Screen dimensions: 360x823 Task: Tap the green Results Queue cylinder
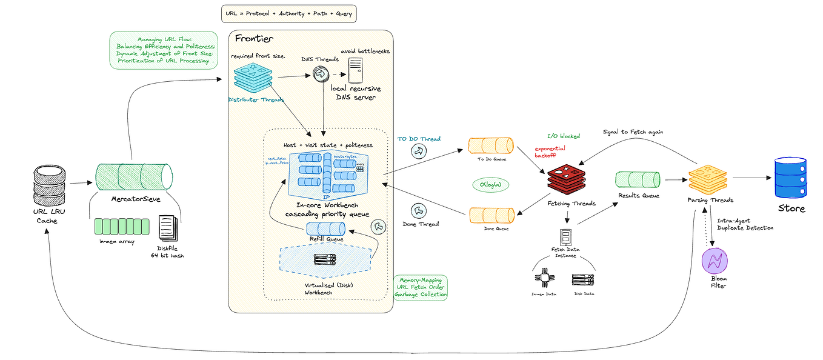click(x=637, y=179)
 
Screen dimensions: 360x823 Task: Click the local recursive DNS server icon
click(x=355, y=75)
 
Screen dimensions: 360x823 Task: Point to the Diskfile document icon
click(x=168, y=230)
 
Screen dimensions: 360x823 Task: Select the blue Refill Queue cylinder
click(x=325, y=228)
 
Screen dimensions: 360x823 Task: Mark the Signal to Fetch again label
click(x=633, y=132)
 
